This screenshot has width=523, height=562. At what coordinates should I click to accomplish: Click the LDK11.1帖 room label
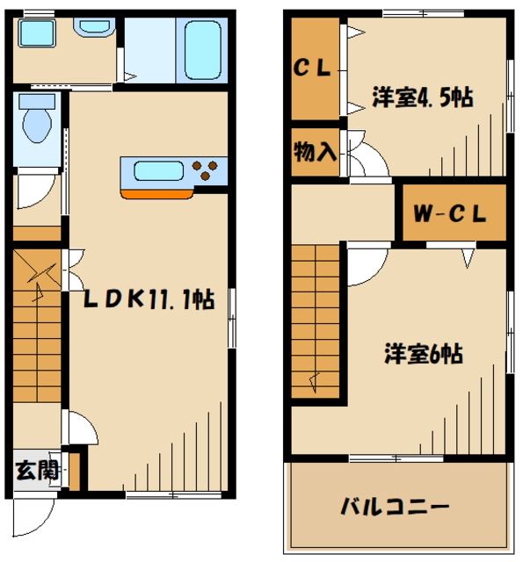149,299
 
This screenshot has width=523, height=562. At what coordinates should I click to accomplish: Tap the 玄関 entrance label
36,470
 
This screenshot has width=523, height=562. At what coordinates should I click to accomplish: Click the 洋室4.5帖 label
423,97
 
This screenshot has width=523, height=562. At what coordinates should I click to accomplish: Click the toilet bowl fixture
36,122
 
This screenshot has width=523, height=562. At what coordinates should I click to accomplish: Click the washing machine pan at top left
38,36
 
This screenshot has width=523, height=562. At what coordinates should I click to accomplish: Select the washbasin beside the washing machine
92,26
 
